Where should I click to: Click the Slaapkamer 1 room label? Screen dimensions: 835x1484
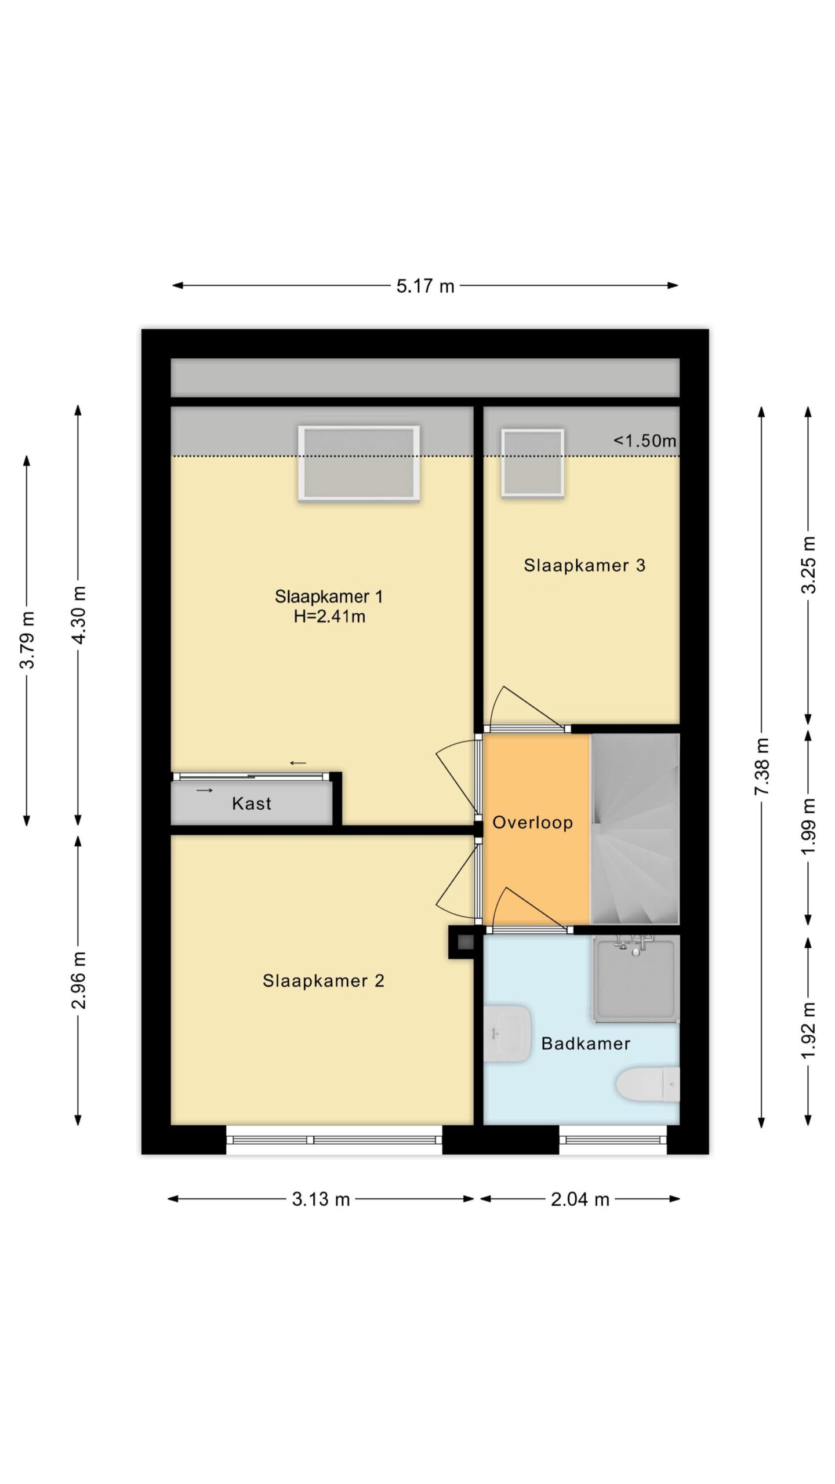tap(329, 596)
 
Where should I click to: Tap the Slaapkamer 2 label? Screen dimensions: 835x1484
tap(324, 981)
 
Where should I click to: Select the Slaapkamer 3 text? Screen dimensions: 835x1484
tap(584, 565)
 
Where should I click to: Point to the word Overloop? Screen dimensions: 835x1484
tap(533, 823)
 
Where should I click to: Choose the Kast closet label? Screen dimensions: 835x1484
tap(252, 803)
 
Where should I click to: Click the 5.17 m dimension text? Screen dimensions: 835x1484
tap(425, 286)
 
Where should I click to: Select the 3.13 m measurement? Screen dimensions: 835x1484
tap(321, 1199)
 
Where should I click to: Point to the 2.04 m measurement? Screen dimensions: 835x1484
tap(580, 1199)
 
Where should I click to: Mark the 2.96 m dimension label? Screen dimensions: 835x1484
tap(78, 980)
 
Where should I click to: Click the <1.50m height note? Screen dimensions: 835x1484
tap(645, 441)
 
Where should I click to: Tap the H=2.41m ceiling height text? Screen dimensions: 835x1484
tap(329, 616)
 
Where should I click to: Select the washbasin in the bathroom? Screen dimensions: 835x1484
tap(507, 1034)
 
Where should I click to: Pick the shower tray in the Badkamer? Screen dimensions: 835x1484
tap(636, 979)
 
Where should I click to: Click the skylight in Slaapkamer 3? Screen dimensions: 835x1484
tap(533, 463)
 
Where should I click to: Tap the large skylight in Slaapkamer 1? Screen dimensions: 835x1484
tap(359, 463)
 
